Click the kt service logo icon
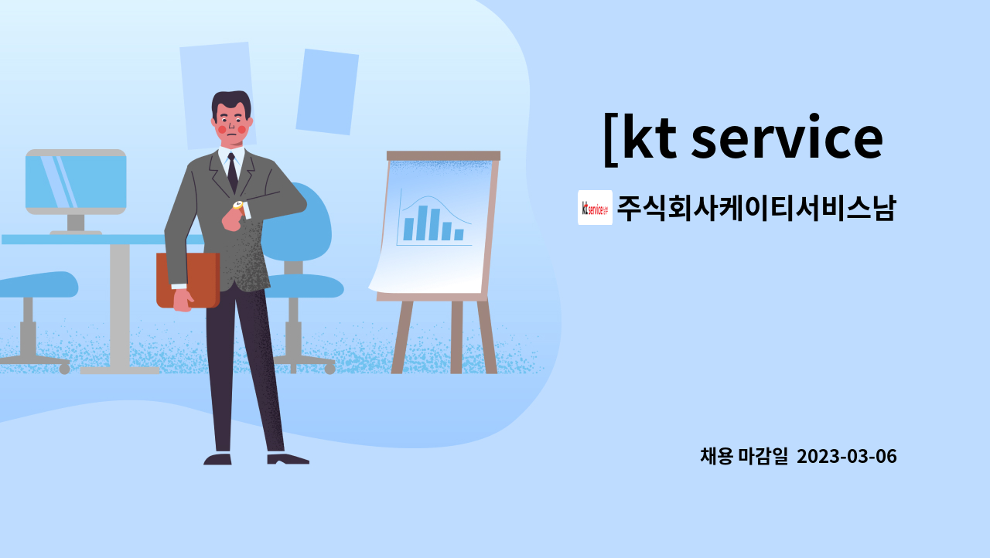point(595,207)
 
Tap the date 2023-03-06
point(846,456)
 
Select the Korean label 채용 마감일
point(743,456)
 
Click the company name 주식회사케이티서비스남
point(756,209)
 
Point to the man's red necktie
point(232,174)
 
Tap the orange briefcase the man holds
point(188,279)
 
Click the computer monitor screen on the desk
point(76,182)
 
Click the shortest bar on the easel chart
point(459,234)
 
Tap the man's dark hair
point(230,101)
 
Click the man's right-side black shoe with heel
point(287,459)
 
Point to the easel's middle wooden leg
point(456,336)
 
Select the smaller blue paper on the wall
point(326,91)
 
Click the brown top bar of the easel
point(443,155)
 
